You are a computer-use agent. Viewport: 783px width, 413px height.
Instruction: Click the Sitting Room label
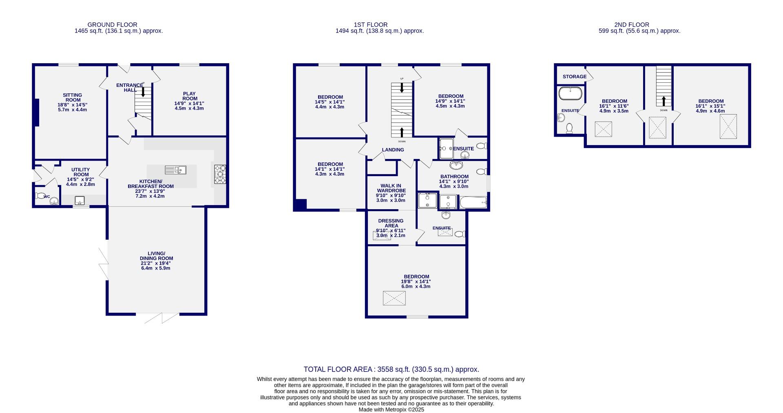[x=73, y=97]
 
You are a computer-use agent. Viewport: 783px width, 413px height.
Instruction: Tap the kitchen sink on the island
[x=176, y=170]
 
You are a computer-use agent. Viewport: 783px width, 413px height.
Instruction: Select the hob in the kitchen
[x=220, y=174]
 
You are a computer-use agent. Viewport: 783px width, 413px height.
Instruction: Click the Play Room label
[x=190, y=96]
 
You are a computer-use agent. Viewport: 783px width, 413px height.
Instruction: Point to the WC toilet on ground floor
[x=41, y=196]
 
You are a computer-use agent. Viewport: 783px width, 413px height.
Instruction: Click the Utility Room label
[x=80, y=172]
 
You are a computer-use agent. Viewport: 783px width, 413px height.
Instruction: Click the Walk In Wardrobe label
[x=391, y=188]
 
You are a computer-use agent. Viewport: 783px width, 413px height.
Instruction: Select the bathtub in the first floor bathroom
[x=473, y=202]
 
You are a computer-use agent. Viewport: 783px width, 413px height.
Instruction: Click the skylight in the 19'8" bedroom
[x=394, y=298]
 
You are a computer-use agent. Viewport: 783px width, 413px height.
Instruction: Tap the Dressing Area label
[x=391, y=223]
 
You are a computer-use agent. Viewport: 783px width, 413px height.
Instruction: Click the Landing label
[x=393, y=150]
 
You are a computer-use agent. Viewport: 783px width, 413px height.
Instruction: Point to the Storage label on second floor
[x=574, y=77]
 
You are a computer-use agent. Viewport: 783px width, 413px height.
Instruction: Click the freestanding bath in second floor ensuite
[x=570, y=93]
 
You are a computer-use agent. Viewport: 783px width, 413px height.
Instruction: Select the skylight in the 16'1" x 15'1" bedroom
[x=728, y=126]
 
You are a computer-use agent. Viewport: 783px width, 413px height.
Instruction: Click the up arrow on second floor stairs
[x=664, y=101]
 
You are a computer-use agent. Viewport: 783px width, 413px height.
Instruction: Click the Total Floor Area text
[x=391, y=369]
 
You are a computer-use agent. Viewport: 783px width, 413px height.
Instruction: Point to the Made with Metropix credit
[x=391, y=409]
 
